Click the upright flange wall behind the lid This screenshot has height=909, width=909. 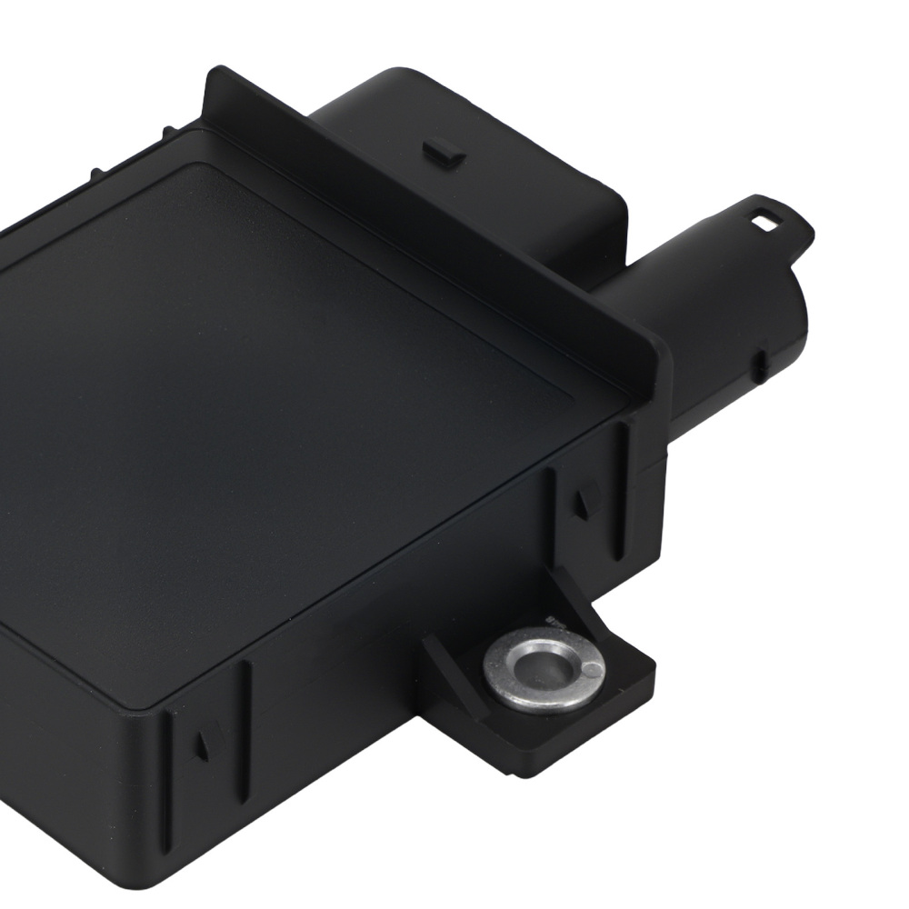[x=436, y=218]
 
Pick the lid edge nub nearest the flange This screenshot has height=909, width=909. [x=165, y=134]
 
